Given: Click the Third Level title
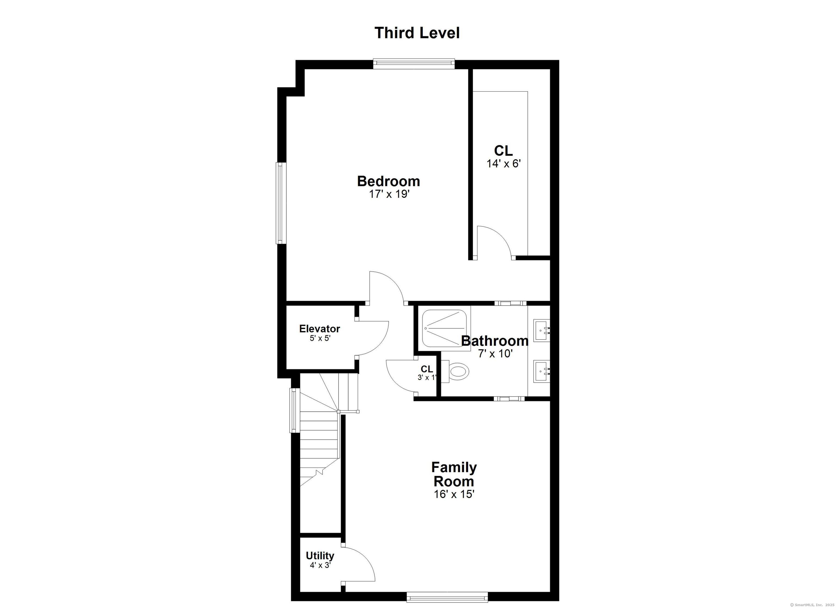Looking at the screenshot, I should pyautogui.click(x=417, y=33).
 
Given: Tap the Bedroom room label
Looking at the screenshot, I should pyautogui.click(x=389, y=182).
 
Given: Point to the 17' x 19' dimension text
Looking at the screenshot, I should pyautogui.click(x=389, y=194).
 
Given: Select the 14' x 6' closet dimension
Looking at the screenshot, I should pyautogui.click(x=503, y=164).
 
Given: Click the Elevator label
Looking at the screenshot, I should pyautogui.click(x=319, y=328).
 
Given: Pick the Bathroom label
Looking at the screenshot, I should pyautogui.click(x=495, y=341).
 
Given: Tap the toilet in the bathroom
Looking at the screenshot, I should pyautogui.click(x=457, y=371).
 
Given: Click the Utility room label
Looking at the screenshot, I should pyautogui.click(x=320, y=556).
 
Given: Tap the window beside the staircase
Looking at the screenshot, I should pyautogui.click(x=294, y=410).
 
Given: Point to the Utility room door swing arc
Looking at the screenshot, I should pyautogui.click(x=365, y=562).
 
